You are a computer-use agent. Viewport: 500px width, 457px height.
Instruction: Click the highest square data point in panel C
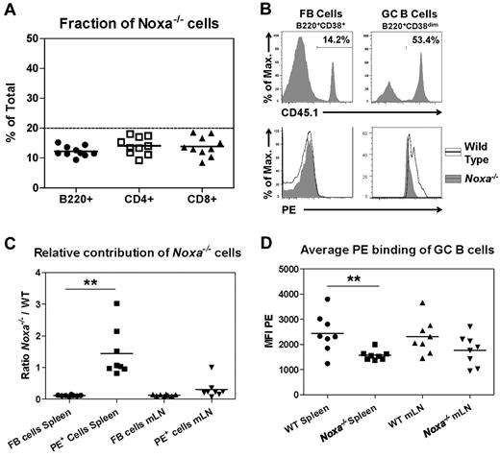coord(116,303)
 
